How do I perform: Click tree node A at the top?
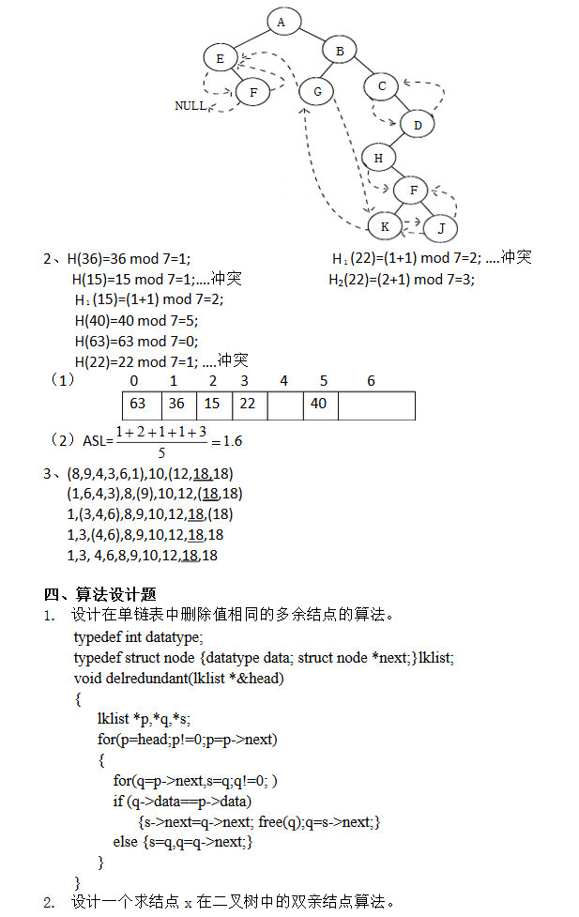click(282, 21)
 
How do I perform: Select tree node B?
click(340, 50)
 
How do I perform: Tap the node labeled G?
click(317, 91)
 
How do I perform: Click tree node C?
click(382, 85)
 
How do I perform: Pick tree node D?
click(418, 123)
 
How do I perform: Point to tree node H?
click(378, 158)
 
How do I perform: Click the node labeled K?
click(384, 226)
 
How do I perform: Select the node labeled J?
click(440, 228)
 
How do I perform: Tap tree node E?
click(220, 58)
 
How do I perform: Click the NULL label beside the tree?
click(190, 106)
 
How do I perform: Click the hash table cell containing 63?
click(138, 403)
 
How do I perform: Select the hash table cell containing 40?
click(319, 403)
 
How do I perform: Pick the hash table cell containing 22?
click(248, 403)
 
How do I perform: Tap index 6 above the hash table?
click(371, 381)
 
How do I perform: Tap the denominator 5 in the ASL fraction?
click(160, 451)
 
